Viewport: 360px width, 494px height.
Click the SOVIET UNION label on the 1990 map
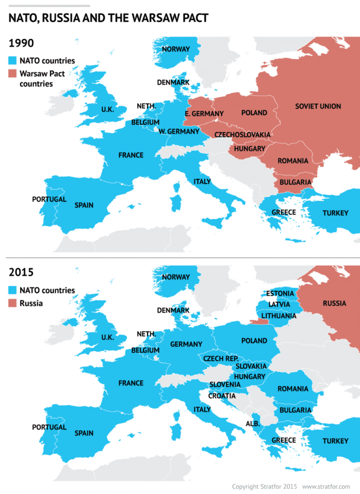(318, 106)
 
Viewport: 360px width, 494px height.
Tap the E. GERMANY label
(204, 114)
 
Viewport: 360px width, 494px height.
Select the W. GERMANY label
(179, 131)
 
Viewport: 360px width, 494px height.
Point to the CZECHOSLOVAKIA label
(242, 134)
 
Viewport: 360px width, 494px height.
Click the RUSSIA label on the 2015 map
(334, 303)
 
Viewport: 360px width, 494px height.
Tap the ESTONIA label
(280, 293)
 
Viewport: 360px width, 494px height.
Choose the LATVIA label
(279, 304)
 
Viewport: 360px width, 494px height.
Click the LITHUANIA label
(278, 316)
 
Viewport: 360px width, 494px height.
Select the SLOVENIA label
(225, 384)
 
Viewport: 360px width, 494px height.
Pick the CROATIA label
(222, 396)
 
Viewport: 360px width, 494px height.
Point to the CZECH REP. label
(221, 358)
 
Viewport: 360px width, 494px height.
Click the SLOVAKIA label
(251, 367)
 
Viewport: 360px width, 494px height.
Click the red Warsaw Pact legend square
(13, 74)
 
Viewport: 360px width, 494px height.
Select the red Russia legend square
(13, 303)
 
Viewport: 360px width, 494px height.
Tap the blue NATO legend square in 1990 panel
(13, 61)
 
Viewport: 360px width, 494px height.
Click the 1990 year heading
(21, 43)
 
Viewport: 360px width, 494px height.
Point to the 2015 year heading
(21, 272)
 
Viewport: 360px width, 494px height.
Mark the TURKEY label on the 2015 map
(335, 441)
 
